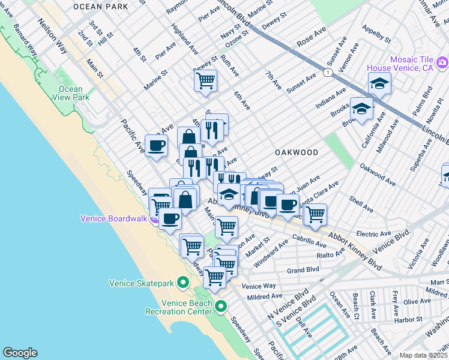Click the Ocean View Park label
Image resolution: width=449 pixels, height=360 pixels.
(71, 93)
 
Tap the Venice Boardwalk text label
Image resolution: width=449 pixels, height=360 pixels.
(114, 218)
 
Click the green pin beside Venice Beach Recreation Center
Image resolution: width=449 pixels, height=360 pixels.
(221, 307)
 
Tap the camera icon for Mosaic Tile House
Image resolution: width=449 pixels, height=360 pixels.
(442, 62)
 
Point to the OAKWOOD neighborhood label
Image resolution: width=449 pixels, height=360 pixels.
(297, 152)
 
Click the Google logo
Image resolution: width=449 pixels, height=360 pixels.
(20, 352)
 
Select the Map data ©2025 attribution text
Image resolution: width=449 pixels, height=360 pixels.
(423, 355)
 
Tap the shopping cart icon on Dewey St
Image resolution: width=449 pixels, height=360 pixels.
(205, 80)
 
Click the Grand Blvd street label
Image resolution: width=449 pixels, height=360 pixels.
(303, 271)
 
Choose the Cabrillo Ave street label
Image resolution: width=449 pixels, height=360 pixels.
(310, 241)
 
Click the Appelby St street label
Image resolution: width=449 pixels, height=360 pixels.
(376, 34)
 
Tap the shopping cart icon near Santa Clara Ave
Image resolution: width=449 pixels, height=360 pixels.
(315, 213)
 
